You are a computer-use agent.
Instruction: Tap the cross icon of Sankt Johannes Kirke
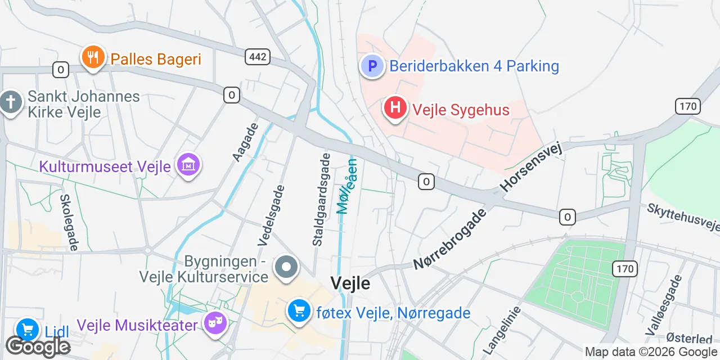click(11, 103)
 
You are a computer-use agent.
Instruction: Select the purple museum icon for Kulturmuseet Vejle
click(188, 165)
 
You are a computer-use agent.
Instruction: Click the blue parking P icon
click(372, 66)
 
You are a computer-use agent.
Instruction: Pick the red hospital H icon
click(395, 107)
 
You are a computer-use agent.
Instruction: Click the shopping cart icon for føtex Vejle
click(299, 310)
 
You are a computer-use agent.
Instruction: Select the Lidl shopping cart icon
click(27, 330)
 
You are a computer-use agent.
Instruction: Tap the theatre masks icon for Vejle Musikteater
click(215, 324)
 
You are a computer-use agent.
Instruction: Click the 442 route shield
click(258, 56)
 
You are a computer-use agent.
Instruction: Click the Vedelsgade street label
click(272, 216)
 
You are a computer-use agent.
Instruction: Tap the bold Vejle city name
click(350, 283)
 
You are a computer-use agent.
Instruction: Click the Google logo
click(38, 347)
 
